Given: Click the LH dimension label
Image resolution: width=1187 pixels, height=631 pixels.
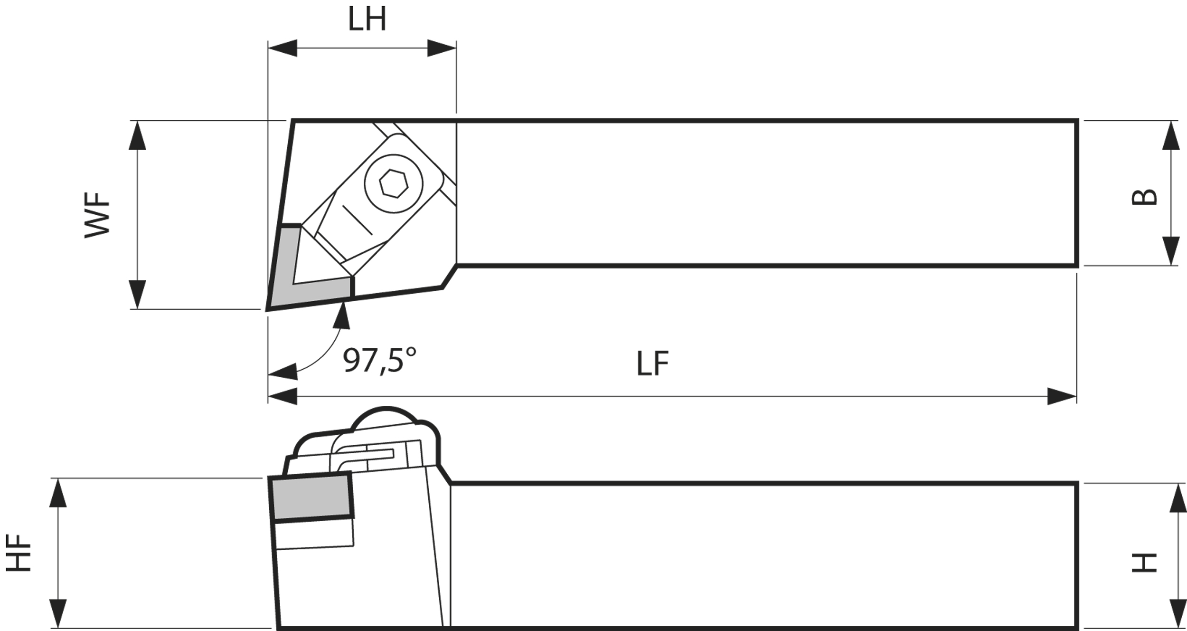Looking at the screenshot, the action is pyautogui.click(x=367, y=19).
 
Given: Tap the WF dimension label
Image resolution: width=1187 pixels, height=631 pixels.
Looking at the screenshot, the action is pyautogui.click(x=97, y=215).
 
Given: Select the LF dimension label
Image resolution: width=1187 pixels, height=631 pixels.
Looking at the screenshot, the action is pyautogui.click(x=653, y=364).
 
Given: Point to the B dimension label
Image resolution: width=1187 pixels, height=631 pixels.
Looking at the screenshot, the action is pyautogui.click(x=1144, y=197).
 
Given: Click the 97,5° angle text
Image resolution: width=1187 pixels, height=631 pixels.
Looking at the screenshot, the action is pyautogui.click(x=380, y=361).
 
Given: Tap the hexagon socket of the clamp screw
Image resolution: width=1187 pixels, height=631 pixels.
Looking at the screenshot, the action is pyautogui.click(x=394, y=183).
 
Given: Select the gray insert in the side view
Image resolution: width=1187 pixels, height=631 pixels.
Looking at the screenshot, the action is pyautogui.click(x=311, y=497).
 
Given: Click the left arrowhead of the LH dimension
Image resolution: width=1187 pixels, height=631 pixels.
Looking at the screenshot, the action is pyautogui.click(x=283, y=48).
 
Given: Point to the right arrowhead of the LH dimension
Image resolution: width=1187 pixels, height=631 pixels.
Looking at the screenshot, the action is pyautogui.click(x=442, y=48).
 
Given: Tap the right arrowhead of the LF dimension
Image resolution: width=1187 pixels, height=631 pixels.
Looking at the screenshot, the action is pyautogui.click(x=1062, y=396).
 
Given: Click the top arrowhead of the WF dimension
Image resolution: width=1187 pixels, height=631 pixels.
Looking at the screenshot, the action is pyautogui.click(x=138, y=135).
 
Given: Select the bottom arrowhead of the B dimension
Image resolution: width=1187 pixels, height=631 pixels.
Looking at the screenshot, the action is pyautogui.click(x=1171, y=251).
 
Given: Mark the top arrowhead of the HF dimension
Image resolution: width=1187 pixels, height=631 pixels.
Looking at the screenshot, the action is pyautogui.click(x=58, y=493).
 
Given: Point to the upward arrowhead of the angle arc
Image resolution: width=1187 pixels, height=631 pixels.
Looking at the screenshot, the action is pyautogui.click(x=341, y=315).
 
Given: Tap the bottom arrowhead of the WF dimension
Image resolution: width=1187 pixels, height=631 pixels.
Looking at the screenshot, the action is pyautogui.click(x=138, y=295).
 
